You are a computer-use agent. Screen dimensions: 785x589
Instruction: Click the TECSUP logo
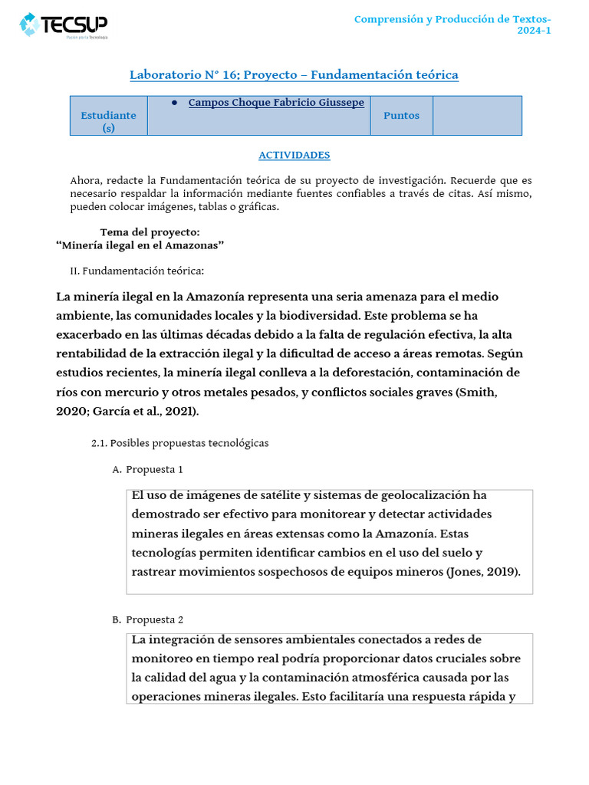tap(64, 25)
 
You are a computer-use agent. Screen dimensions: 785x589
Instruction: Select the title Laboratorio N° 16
tap(294, 75)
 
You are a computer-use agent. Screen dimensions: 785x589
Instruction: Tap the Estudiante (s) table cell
tap(108, 121)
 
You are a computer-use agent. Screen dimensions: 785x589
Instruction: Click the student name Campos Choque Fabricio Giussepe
tap(276, 103)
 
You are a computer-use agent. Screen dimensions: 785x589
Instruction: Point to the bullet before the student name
tap(175, 103)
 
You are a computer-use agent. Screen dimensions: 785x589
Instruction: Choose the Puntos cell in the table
tap(401, 116)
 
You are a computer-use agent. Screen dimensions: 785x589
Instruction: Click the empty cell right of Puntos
tap(477, 116)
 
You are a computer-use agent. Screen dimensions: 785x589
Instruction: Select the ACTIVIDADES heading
tap(294, 155)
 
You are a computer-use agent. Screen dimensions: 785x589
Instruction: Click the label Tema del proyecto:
tap(150, 232)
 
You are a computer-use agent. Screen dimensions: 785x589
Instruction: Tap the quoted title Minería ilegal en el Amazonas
tap(140, 245)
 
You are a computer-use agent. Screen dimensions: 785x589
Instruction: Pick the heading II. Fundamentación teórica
tap(137, 271)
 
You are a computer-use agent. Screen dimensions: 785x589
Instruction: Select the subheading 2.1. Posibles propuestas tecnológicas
tap(179, 444)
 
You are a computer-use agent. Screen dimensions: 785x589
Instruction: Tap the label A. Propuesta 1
tap(147, 469)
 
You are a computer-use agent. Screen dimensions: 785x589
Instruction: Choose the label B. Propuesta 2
tap(147, 619)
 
